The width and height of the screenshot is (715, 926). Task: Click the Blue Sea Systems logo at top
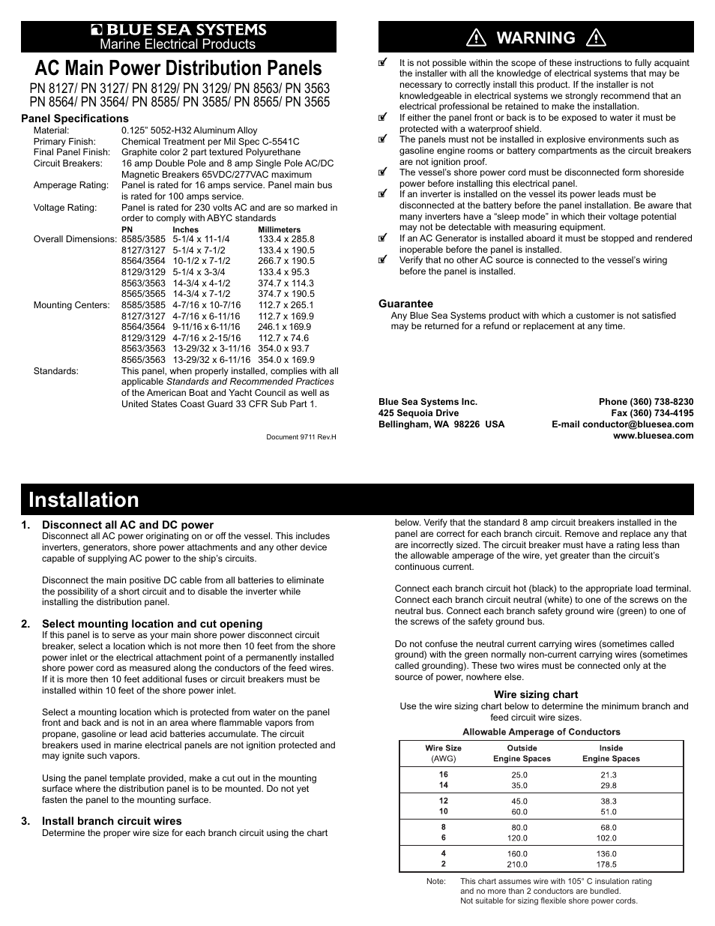(x=178, y=30)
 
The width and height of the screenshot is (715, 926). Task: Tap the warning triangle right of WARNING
(x=597, y=37)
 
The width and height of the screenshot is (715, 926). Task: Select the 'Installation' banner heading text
(x=84, y=500)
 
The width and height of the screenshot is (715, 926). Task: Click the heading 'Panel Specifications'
(x=75, y=118)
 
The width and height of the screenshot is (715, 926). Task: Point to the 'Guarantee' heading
(x=405, y=304)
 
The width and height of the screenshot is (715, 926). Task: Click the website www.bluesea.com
(x=654, y=436)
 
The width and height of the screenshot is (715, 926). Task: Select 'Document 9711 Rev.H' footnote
(x=301, y=437)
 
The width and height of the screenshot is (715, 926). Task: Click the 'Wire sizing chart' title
(x=536, y=694)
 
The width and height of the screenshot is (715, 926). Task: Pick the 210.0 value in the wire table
(x=518, y=865)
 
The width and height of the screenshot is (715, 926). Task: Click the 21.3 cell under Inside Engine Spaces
(x=609, y=775)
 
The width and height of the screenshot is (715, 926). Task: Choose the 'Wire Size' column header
(x=443, y=748)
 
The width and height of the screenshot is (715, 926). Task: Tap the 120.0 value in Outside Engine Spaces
(x=518, y=838)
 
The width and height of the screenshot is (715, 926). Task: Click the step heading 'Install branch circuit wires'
(x=112, y=821)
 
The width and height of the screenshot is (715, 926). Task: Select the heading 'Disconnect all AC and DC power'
(x=127, y=525)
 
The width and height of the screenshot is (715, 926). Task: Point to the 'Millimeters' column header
(x=279, y=229)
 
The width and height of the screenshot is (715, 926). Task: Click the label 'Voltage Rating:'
(x=65, y=208)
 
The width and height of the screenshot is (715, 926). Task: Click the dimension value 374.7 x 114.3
(x=286, y=283)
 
